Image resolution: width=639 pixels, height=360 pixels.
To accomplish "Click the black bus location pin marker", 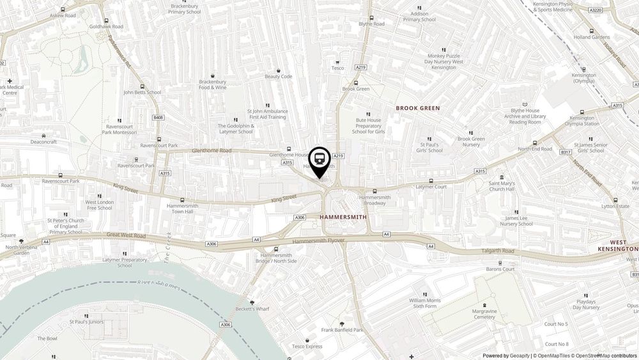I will [319, 160].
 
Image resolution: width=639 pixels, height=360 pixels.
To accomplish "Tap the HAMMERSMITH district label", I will [343, 217].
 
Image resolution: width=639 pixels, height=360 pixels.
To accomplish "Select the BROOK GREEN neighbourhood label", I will [418, 108].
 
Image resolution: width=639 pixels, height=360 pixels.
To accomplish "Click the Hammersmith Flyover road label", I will [319, 240].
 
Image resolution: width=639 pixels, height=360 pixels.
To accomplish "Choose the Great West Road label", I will [127, 236].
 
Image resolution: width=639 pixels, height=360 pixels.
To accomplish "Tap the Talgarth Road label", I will [498, 251].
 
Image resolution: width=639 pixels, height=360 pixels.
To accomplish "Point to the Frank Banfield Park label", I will [342, 330].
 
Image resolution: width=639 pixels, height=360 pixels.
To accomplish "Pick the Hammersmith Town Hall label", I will [183, 210].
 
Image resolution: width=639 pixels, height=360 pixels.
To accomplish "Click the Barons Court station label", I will [500, 269].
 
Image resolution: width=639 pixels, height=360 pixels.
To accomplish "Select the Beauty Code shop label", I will [278, 77].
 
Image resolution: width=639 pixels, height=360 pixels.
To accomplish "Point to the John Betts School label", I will [142, 92].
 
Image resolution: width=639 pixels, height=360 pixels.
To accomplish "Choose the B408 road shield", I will [158, 118].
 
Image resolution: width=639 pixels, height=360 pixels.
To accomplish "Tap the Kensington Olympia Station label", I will [581, 121].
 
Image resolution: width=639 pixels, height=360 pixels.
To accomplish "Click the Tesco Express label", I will [307, 346].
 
